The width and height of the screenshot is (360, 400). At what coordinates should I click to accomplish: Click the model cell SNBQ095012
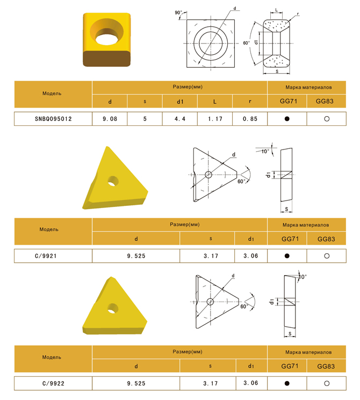pos(53,119)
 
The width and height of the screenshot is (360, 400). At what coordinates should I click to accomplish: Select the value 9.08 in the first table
pos(110,119)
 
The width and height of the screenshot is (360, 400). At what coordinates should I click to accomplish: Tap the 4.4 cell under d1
pos(180,119)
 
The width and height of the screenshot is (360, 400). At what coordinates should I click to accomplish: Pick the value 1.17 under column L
pos(215,119)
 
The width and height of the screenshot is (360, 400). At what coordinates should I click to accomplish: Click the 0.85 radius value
pos(250,119)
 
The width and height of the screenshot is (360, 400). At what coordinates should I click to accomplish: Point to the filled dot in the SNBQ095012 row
pos(287,119)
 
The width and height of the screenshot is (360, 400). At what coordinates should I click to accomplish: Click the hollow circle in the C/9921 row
pos(327,256)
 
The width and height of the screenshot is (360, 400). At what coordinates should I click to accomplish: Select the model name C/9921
pos(46,256)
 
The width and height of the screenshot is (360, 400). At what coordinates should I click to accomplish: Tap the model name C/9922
pos(53,383)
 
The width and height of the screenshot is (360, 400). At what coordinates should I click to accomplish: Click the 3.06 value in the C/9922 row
pos(251,383)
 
